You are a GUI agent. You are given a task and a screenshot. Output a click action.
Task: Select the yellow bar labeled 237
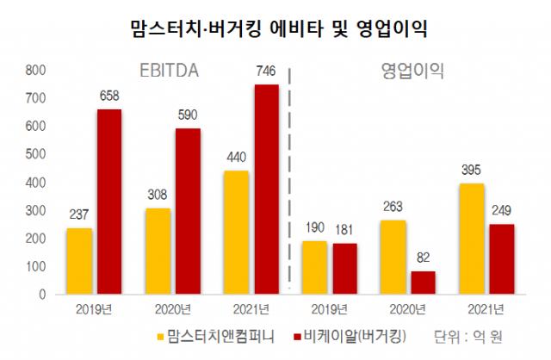78,261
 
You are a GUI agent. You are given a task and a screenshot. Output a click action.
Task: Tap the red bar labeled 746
267,189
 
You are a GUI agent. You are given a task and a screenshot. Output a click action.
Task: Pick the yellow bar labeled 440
237,233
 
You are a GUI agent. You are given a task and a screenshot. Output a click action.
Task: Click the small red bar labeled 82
423,282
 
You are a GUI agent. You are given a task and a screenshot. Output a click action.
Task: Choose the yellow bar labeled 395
473,239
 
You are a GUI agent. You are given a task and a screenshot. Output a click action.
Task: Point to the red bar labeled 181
344,269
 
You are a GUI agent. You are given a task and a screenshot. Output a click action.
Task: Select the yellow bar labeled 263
393,258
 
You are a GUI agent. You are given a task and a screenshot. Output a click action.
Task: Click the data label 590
188,115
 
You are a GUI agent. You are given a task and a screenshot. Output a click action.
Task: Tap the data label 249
502,210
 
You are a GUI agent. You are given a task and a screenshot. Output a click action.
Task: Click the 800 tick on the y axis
34,71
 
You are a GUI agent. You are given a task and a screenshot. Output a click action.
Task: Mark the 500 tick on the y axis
34,155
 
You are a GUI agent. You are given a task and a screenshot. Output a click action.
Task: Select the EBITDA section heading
170,72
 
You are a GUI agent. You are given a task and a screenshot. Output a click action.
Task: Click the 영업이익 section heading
412,72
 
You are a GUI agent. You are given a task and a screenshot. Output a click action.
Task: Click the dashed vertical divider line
289,172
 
